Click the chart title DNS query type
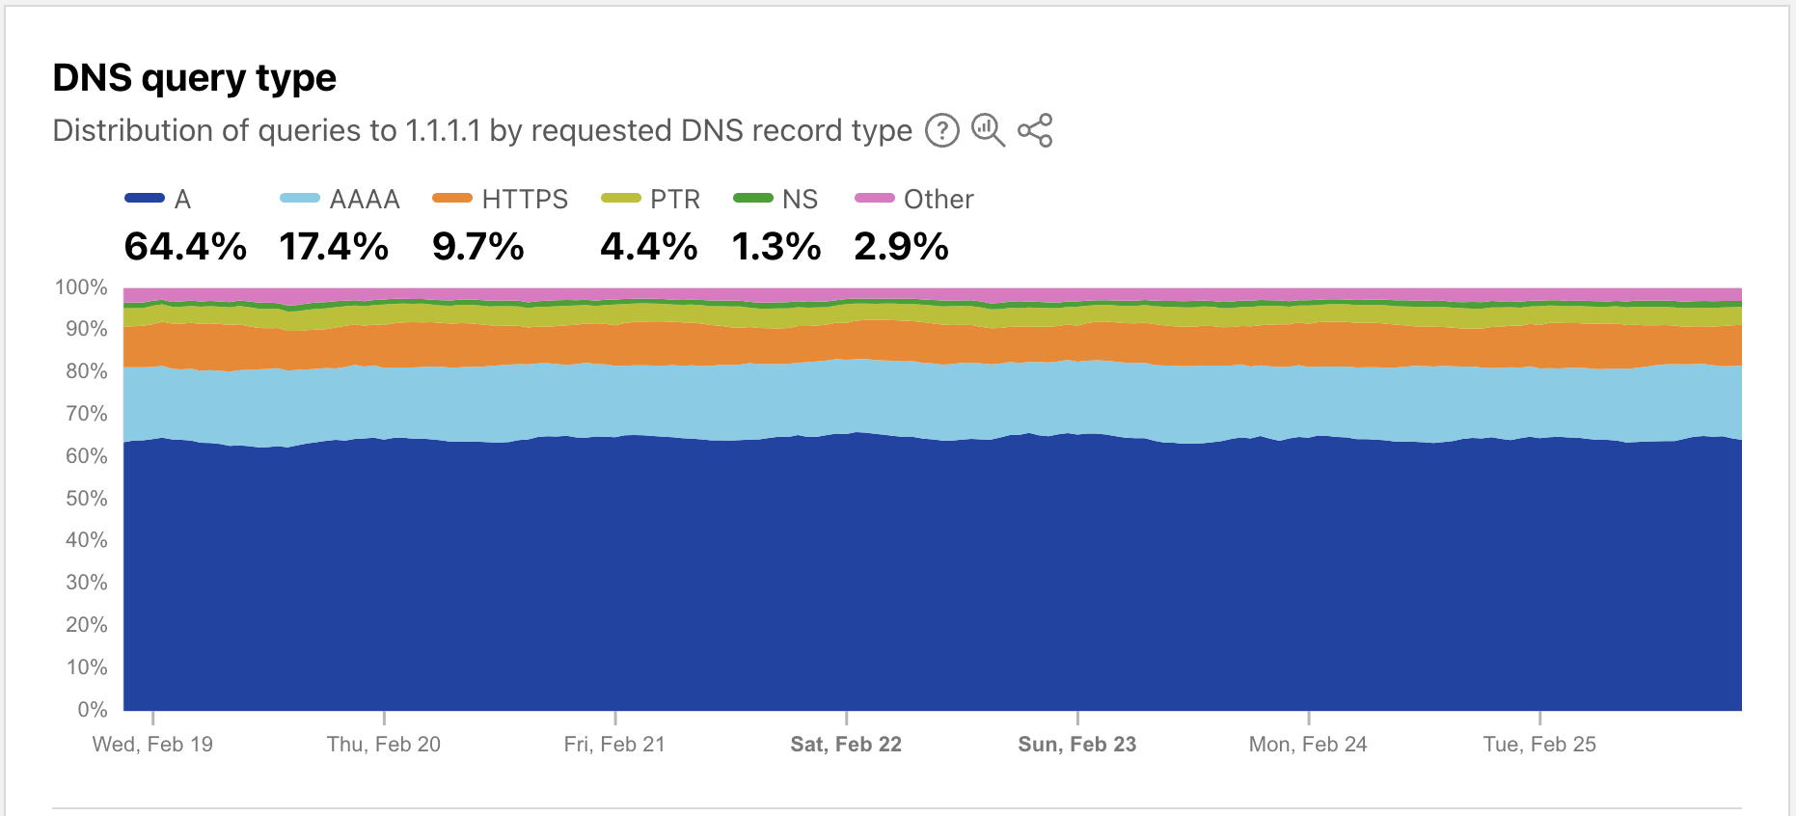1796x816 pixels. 194,78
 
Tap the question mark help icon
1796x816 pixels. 942,130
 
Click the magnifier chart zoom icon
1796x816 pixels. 988,129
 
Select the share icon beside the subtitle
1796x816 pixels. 1035,130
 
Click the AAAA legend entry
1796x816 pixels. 340,199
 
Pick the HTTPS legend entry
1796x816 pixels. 501,199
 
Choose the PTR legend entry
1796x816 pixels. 651,199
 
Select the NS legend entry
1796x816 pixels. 776,199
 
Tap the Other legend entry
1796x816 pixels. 914,199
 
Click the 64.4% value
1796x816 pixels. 185,247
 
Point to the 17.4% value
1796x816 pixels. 334,247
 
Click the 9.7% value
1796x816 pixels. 478,247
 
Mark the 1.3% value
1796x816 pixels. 776,247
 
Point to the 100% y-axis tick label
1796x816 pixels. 81,287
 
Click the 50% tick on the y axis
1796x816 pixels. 86,499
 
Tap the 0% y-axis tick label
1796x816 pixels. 92,710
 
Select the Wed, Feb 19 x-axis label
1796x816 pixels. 152,745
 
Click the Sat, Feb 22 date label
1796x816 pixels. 846,745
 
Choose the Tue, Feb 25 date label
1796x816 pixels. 1539,745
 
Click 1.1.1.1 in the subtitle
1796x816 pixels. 443,130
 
